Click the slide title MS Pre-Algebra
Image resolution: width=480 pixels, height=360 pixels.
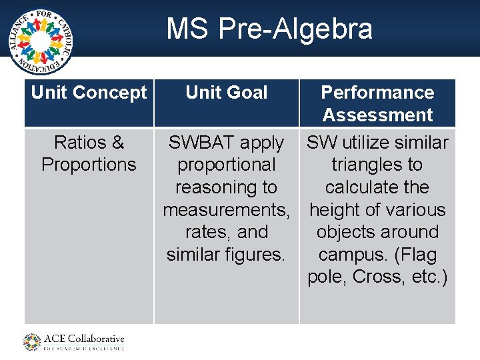click(x=269, y=29)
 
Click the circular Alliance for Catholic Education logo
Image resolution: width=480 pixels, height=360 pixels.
click(x=41, y=41)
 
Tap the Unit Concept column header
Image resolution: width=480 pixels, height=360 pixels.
click(x=89, y=93)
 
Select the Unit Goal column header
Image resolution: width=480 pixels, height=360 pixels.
click(x=227, y=93)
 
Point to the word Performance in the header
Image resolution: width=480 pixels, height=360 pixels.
click(x=377, y=93)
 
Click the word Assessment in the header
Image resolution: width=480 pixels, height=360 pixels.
click(x=377, y=115)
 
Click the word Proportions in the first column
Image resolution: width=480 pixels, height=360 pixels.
click(x=89, y=165)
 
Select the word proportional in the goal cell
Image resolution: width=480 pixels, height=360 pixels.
click(x=227, y=165)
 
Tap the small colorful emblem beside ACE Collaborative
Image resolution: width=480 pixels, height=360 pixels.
click(x=32, y=342)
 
